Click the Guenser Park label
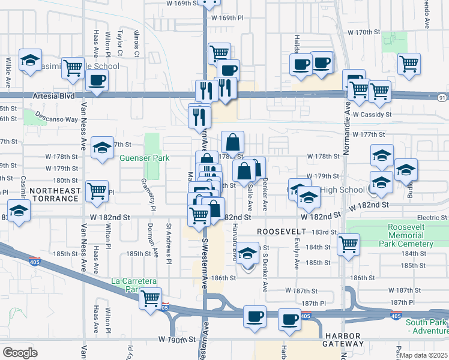pos(144,158)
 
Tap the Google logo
pos(20,353)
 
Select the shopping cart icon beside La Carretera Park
pos(150,297)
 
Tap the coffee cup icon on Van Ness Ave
pos(96,80)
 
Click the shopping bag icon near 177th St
pos(232,143)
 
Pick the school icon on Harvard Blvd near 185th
pos(246,254)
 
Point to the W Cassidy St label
pos(372,114)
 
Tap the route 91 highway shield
pos(442,98)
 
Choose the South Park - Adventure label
pos(426,326)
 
